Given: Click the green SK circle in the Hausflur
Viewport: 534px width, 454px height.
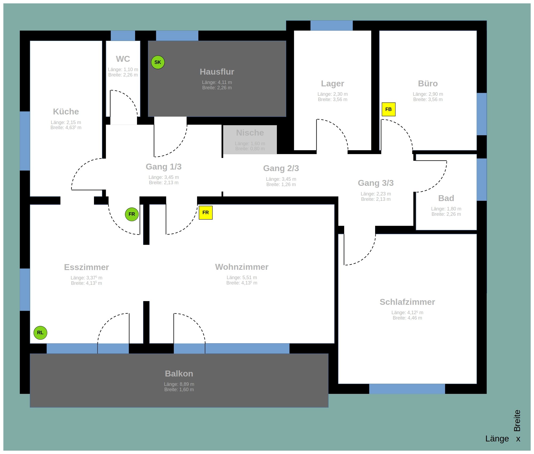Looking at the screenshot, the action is click(158, 62).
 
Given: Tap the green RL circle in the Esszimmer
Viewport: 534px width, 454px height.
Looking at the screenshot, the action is click(40, 333).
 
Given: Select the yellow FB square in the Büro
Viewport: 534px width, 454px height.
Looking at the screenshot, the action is click(388, 109).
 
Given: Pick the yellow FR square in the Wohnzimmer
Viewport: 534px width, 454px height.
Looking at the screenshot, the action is click(206, 213).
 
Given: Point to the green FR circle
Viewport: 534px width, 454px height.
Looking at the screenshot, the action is click(132, 214).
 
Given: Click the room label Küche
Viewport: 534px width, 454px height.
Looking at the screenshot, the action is click(66, 111).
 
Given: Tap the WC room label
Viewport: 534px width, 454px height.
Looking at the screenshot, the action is click(123, 59).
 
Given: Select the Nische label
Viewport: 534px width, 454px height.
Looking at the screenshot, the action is click(250, 133).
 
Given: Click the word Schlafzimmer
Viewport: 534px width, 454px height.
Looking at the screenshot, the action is click(407, 302).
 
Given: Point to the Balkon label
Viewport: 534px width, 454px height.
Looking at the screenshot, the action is click(179, 374).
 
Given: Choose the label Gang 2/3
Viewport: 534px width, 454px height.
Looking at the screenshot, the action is click(281, 168).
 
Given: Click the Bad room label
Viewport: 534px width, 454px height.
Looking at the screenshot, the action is click(446, 198).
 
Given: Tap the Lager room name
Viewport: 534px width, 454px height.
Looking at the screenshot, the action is click(332, 83).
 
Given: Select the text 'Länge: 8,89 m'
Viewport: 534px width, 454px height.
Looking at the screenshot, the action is click(179, 384).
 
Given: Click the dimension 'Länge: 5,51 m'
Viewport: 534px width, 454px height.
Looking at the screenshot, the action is click(242, 278).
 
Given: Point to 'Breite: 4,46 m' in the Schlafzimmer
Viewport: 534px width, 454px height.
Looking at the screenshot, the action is click(407, 318).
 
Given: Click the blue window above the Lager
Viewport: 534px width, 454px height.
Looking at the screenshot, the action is click(331, 26).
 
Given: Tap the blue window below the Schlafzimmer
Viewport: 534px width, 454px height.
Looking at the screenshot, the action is click(407, 389).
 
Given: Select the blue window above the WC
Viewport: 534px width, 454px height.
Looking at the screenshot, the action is click(123, 36).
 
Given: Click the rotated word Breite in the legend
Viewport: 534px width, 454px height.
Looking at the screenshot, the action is click(517, 421).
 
